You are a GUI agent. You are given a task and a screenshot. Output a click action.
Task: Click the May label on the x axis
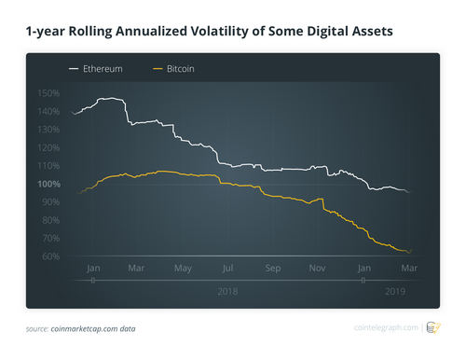coord(182,269)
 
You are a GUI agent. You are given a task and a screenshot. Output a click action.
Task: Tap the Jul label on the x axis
coord(227,269)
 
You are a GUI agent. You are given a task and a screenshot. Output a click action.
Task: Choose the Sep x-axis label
coord(273,269)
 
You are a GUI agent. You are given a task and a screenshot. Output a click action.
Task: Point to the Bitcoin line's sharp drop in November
coord(324,205)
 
